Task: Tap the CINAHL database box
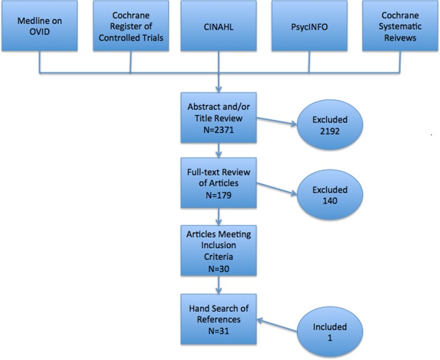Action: [x=219, y=29]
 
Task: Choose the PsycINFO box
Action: [x=308, y=29]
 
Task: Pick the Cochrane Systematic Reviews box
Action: [x=396, y=29]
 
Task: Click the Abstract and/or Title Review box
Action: [x=219, y=117]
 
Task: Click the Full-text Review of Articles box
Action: [x=219, y=184]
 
